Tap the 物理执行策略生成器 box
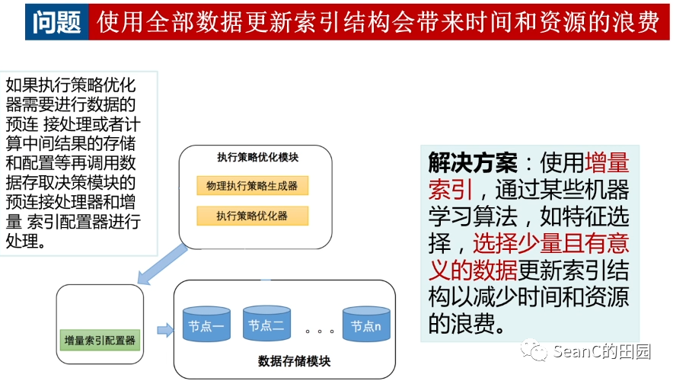click(252, 186)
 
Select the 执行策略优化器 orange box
click(252, 216)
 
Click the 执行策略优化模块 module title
click(257, 158)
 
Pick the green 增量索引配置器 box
click(100, 341)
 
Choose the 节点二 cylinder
click(266, 325)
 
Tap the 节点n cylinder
click(366, 326)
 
